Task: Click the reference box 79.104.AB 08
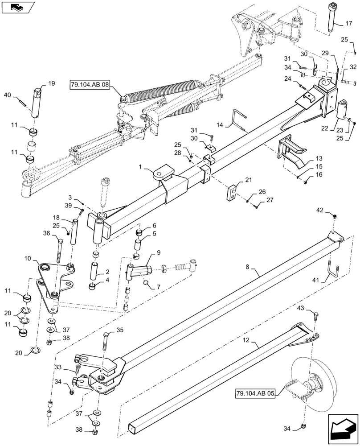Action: click(x=90, y=85)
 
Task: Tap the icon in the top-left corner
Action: click(x=18, y=7)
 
